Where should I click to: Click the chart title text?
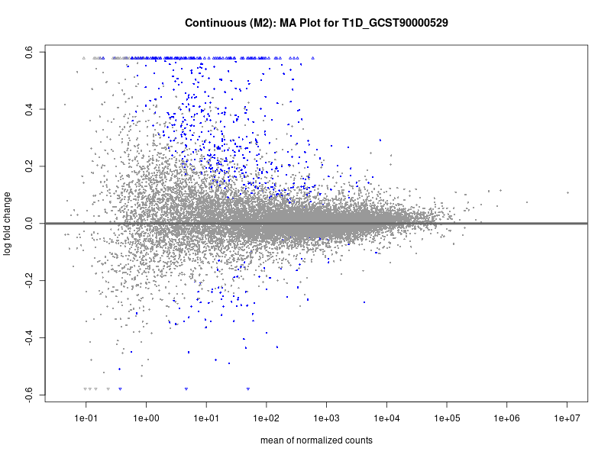click(x=316, y=23)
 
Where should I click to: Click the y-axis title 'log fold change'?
click(x=8, y=224)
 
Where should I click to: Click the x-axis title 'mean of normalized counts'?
click(x=316, y=440)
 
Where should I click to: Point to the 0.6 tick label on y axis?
click(x=27, y=52)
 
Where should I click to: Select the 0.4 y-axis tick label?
click(x=27, y=109)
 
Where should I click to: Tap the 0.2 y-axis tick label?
click(x=27, y=166)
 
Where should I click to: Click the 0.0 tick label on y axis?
click(x=27, y=224)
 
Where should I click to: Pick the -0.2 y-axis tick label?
click(x=27, y=280)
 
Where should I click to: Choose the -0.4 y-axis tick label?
click(x=27, y=337)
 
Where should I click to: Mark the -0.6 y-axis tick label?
click(x=27, y=394)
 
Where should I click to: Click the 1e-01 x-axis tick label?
click(x=86, y=418)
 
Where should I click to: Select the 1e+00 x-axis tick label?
click(x=146, y=418)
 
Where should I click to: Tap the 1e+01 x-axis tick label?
click(x=206, y=418)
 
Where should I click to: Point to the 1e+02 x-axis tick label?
click(x=267, y=418)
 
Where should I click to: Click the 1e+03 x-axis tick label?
click(x=326, y=418)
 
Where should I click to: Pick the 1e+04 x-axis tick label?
click(x=386, y=418)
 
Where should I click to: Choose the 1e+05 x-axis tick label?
click(x=447, y=418)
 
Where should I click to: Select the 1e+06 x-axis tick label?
click(x=506, y=418)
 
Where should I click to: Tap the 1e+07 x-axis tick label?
click(x=567, y=418)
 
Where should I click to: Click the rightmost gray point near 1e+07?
click(x=567, y=192)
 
